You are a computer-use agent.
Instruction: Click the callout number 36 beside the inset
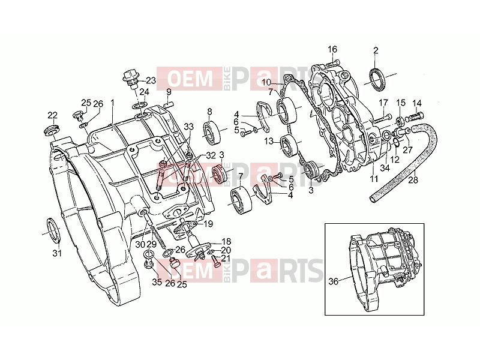[x=333, y=281]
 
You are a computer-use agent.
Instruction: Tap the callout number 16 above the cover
[x=332, y=49]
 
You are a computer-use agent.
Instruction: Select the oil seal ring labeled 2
[x=377, y=80]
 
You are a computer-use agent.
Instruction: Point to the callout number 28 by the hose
[x=413, y=179]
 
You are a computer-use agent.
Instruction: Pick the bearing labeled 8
[x=211, y=133]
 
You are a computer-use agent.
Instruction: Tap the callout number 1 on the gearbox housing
[x=112, y=102]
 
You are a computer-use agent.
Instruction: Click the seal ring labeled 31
[x=52, y=231]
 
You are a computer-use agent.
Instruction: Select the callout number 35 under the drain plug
[x=157, y=282]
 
